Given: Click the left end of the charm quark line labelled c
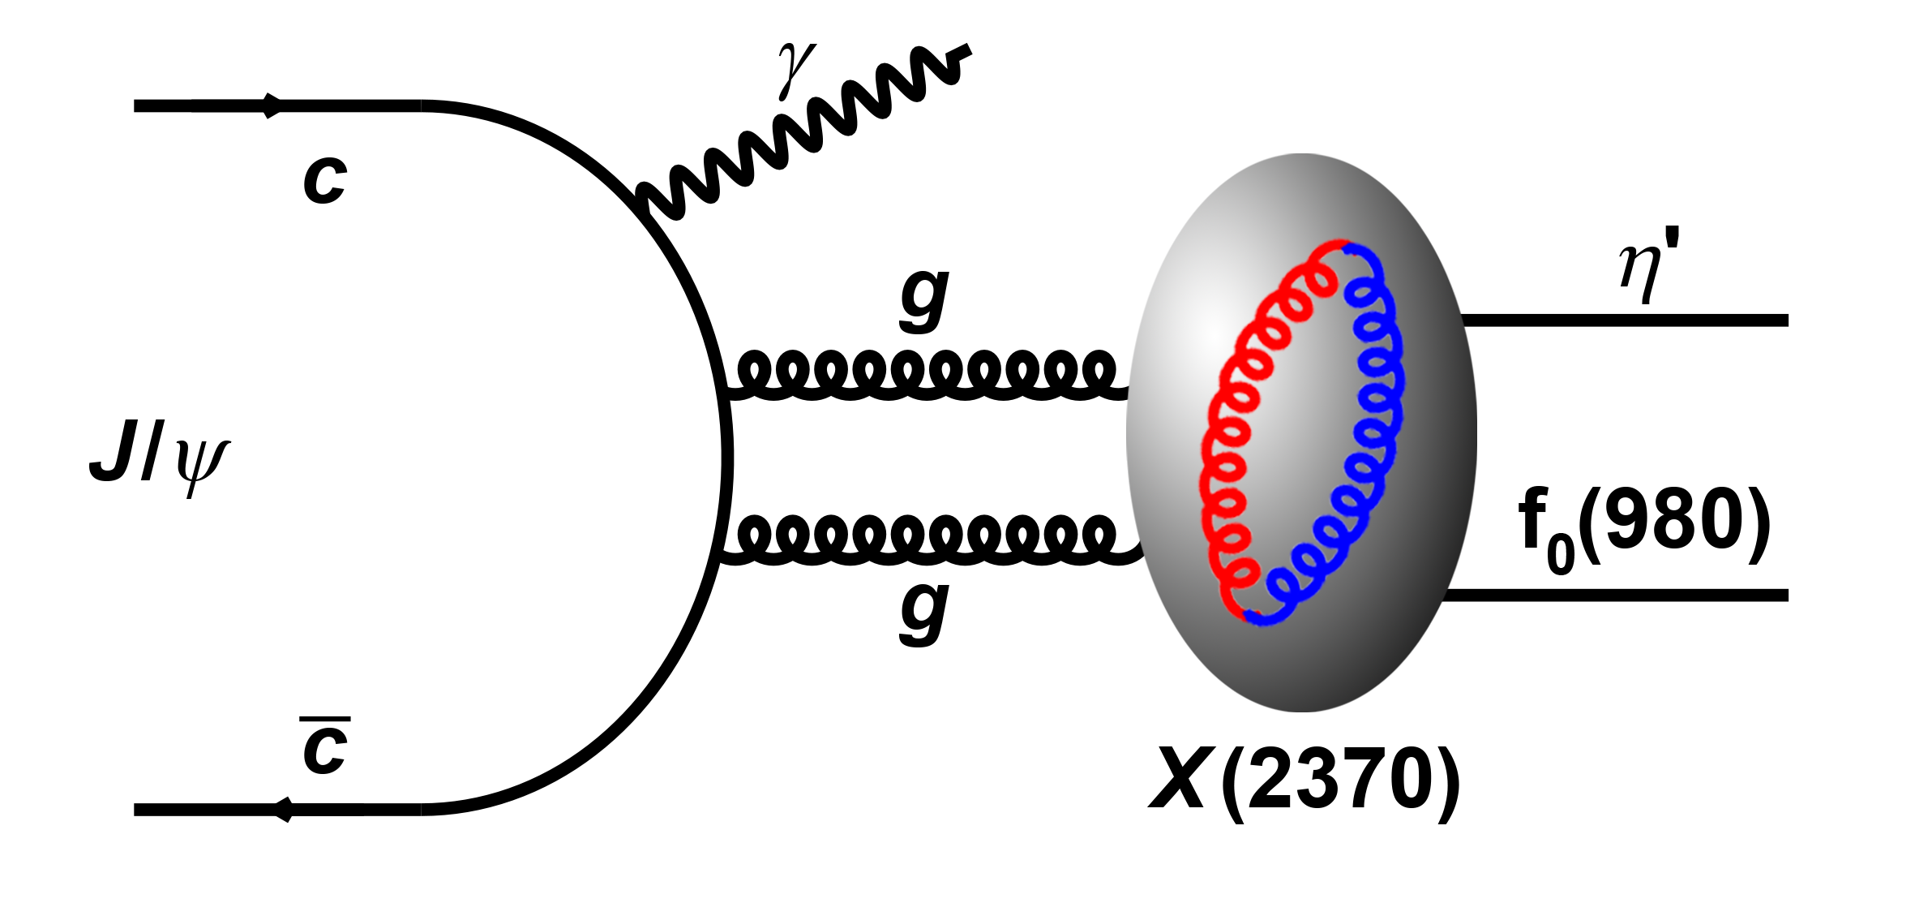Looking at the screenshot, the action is click(135, 105).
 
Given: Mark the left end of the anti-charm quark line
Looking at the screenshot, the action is click(135, 810).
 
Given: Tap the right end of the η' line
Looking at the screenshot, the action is click(1788, 320).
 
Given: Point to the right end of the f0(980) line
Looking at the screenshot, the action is click(1788, 596).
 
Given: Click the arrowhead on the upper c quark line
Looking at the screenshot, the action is click(272, 105).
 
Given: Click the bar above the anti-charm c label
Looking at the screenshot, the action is click(324, 719).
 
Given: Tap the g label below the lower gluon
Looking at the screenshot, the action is click(924, 613).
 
